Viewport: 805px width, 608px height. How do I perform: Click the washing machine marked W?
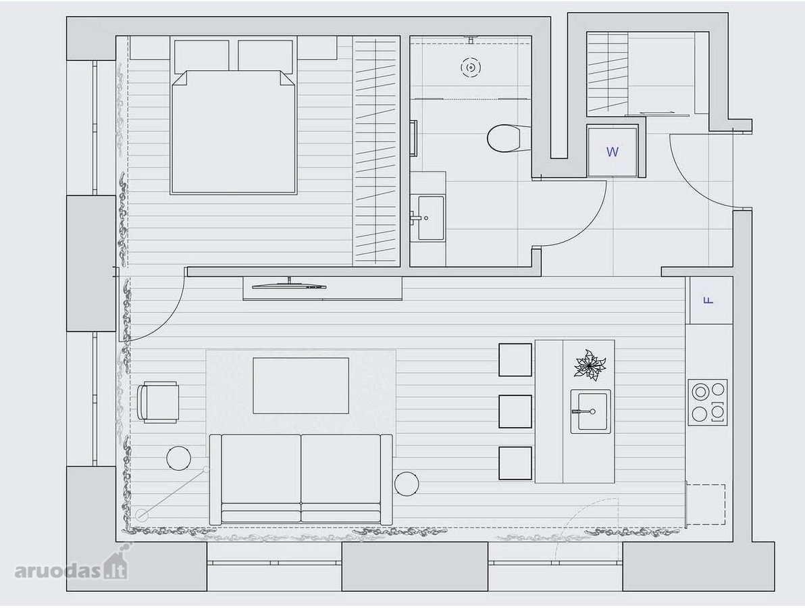point(612,151)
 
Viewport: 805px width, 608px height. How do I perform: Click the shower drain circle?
point(470,67)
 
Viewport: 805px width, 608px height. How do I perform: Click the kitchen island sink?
point(590,411)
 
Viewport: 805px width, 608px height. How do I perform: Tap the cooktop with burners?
point(708,401)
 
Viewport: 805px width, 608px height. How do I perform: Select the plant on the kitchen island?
point(590,365)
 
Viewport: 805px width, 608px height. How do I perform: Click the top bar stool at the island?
point(515,360)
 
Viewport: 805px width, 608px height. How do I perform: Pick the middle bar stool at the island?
point(515,411)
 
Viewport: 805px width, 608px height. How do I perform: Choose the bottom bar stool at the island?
point(515,463)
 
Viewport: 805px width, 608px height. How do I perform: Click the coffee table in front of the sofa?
point(301,386)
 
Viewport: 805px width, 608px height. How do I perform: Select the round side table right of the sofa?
point(407,484)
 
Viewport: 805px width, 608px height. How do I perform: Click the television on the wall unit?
point(288,284)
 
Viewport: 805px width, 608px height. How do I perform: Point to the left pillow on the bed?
point(202,55)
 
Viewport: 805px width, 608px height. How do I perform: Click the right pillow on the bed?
point(265,55)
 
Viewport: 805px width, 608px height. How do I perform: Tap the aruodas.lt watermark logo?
point(72,568)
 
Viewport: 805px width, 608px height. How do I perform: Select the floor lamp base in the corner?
point(142,514)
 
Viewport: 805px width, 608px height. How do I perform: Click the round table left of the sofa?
point(180,458)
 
